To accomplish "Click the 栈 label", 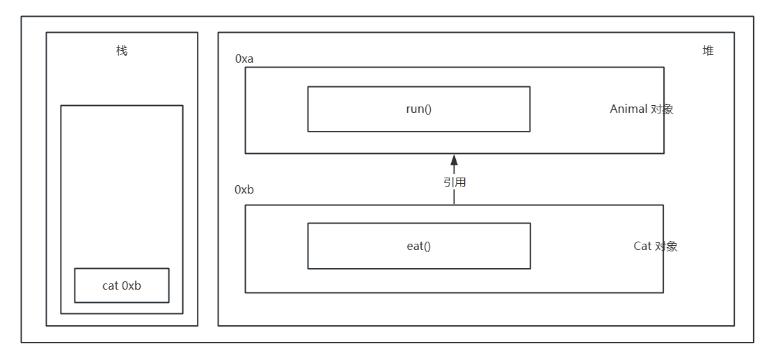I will pyautogui.click(x=122, y=51).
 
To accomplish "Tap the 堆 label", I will pyautogui.click(x=708, y=51).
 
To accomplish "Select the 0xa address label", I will pyautogui.click(x=244, y=58).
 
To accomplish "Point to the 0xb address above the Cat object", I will pyautogui.click(x=244, y=189).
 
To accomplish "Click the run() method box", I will pyautogui.click(x=419, y=109).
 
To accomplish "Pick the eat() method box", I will pyautogui.click(x=419, y=246).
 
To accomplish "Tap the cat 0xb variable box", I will pyautogui.click(x=122, y=285).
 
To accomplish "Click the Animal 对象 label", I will pyautogui.click(x=641, y=109).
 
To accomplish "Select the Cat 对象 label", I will pyautogui.click(x=655, y=246).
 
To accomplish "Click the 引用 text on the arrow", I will pyautogui.click(x=454, y=182).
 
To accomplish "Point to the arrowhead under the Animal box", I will pyautogui.click(x=454, y=160).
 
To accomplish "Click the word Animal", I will pyautogui.click(x=628, y=109).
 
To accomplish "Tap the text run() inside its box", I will pyautogui.click(x=419, y=109).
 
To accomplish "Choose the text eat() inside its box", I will pyautogui.click(x=419, y=246).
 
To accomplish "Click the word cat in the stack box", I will pyautogui.click(x=110, y=286).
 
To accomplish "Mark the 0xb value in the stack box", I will pyautogui.click(x=132, y=286).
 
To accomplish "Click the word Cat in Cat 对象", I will pyautogui.click(x=642, y=246).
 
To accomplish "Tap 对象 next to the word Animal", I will pyautogui.click(x=662, y=109).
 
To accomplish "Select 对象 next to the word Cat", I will pyautogui.click(x=666, y=246).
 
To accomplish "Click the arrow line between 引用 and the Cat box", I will pyautogui.click(x=454, y=197).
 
